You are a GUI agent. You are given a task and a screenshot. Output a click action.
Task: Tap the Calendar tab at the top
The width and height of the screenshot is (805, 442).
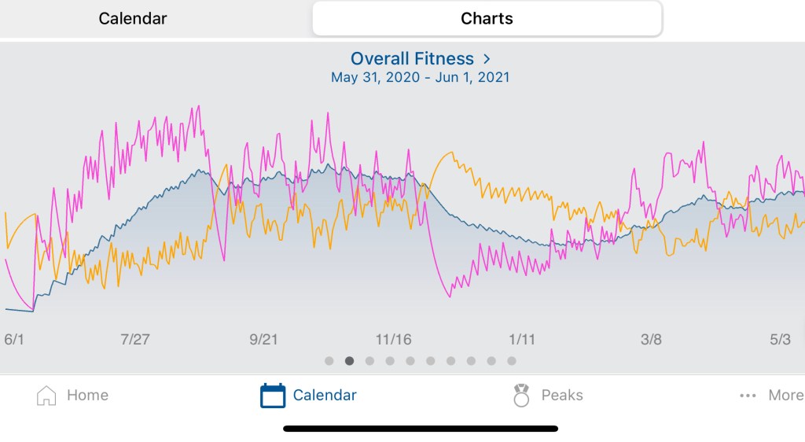[133, 18]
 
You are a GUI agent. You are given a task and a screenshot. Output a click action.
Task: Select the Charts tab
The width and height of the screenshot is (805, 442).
[487, 18]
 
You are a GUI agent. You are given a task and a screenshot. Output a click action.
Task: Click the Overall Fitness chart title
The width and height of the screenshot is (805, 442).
[412, 59]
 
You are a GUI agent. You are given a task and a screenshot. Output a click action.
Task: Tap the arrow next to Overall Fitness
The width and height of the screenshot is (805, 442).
[487, 59]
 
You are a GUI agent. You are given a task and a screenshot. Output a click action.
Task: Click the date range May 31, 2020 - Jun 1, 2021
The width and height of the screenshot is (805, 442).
[420, 78]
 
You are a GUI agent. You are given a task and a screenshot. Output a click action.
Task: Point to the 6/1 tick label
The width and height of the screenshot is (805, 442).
[14, 339]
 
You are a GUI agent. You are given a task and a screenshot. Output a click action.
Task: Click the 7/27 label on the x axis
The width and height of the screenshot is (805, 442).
[135, 339]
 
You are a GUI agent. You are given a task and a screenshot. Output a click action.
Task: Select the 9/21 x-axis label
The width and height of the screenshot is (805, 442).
[264, 339]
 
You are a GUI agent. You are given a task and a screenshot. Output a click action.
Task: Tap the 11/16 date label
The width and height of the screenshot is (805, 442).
[394, 339]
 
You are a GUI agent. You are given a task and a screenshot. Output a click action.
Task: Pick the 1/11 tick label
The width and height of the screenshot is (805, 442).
[522, 339]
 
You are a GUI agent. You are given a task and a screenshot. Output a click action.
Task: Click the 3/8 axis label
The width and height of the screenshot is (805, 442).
[651, 339]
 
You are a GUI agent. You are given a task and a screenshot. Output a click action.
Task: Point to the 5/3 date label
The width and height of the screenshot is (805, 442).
[780, 339]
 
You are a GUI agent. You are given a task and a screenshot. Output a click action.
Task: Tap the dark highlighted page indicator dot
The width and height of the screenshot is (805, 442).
[349, 361]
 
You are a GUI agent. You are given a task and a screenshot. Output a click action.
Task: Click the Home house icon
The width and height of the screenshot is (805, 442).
[46, 396]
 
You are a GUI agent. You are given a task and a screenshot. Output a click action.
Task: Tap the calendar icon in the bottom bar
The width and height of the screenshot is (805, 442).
[273, 396]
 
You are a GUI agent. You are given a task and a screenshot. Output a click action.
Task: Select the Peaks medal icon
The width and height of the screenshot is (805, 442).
[521, 396]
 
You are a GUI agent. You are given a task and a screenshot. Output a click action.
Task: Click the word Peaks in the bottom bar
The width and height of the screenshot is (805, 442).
[562, 396]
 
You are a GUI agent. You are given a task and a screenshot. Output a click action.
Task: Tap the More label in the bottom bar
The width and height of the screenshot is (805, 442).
[785, 396]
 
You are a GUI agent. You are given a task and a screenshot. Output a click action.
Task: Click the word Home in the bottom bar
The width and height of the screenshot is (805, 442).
[87, 396]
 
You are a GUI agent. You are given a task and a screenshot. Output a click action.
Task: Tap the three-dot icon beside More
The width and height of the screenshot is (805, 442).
[748, 396]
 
